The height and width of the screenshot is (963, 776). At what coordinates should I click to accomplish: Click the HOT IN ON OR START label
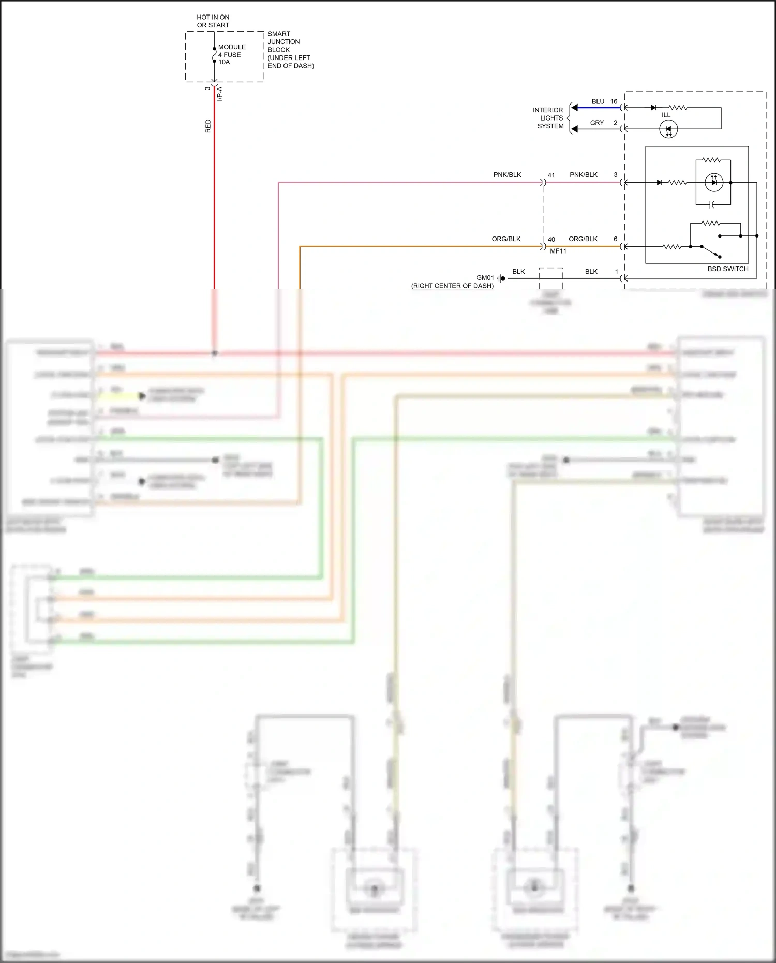[213, 21]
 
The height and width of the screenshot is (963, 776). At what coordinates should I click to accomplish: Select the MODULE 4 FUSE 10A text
[231, 54]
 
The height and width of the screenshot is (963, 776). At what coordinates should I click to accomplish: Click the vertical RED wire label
[208, 126]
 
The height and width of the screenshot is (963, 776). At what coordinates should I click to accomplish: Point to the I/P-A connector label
[220, 94]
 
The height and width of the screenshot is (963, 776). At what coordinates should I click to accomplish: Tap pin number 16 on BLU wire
[614, 101]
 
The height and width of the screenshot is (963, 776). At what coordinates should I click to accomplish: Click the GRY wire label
[596, 123]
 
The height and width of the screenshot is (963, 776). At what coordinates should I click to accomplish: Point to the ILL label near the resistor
[666, 115]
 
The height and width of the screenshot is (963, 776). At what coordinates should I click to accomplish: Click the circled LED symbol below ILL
[668, 129]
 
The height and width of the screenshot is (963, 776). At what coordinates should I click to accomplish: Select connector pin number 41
[551, 175]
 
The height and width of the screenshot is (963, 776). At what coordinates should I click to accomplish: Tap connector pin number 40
[551, 240]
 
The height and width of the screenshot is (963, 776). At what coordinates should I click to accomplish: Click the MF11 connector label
[558, 251]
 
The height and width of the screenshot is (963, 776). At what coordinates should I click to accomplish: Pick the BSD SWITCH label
[727, 269]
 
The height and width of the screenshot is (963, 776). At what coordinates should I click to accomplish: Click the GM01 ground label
[485, 278]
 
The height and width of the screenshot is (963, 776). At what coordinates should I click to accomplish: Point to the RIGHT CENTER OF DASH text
[452, 286]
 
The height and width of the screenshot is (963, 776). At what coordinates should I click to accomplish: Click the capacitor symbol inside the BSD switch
[712, 205]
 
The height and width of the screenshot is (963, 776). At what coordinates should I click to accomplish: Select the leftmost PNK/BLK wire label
[507, 175]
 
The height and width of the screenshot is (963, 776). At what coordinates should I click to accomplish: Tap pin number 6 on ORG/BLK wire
[616, 239]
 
